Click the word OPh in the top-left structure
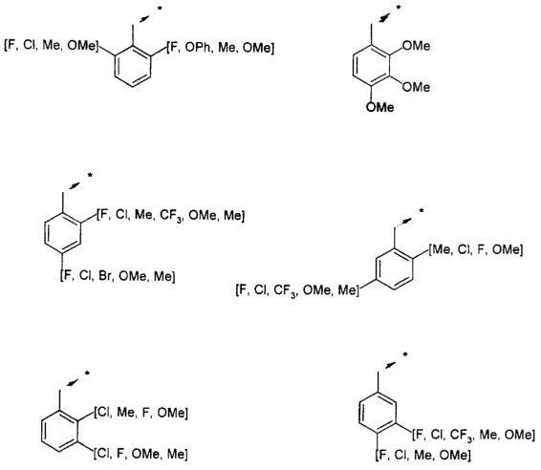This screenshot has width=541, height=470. tap(197, 48)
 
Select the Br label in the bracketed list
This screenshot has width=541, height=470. tap(106, 276)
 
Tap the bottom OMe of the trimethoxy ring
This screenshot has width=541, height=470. tap(379, 107)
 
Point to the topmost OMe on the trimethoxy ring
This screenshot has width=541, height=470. tap(416, 46)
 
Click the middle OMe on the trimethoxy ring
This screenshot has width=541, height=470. tap(416, 87)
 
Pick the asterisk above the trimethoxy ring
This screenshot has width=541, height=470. tap(399, 8)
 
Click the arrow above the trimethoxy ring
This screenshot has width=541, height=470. tap(384, 17)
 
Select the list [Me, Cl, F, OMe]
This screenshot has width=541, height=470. tap(476, 249)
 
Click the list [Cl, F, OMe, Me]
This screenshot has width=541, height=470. tap(141, 454)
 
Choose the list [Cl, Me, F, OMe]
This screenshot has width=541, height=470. tap(141, 413)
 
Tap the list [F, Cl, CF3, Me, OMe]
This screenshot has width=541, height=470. tap(473, 435)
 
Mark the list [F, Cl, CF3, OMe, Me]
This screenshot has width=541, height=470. tap(297, 290)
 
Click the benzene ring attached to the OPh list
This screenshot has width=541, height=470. tap(133, 66)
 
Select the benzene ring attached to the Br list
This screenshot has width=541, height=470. tap(62, 233)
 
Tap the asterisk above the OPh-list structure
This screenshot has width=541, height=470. tap(160, 9)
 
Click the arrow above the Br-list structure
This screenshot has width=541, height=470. tap(76, 185)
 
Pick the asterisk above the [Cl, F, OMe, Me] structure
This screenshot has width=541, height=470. tap(87, 374)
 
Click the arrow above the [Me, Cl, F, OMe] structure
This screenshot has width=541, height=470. tap(403, 222)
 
